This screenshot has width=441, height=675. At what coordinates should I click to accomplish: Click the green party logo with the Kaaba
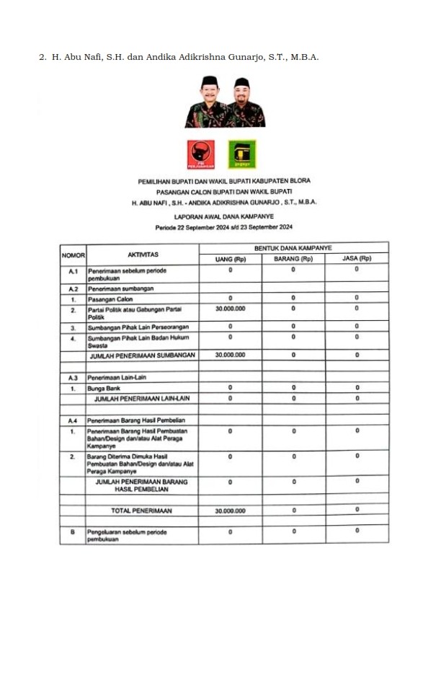tap(242, 154)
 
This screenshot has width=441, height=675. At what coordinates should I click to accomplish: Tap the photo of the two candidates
tap(224, 102)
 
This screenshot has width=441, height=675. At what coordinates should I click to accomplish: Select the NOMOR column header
tap(73, 255)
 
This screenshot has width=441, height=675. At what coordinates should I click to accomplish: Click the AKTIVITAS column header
tap(143, 255)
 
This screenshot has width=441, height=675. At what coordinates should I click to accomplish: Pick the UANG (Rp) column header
tap(231, 259)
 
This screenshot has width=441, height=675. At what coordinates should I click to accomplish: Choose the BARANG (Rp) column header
tap(293, 259)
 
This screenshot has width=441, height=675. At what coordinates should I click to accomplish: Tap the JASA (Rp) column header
tap(357, 259)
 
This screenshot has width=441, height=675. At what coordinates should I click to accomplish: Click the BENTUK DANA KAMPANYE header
tap(293, 248)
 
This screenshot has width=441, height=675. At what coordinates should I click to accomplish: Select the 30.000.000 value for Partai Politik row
tap(231, 309)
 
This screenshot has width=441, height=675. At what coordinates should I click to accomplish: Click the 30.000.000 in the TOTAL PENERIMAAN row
tap(231, 511)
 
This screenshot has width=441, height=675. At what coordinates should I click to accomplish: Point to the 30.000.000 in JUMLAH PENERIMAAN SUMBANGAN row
tap(231, 355)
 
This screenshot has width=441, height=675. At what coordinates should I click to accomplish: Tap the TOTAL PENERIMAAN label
tap(142, 511)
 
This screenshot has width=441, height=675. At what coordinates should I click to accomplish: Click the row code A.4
tap(73, 420)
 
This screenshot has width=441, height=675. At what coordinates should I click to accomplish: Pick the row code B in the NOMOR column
tap(73, 532)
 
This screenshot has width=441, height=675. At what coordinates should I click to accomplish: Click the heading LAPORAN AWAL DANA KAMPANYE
tap(224, 216)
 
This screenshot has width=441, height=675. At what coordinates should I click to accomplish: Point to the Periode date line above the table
tap(224, 227)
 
